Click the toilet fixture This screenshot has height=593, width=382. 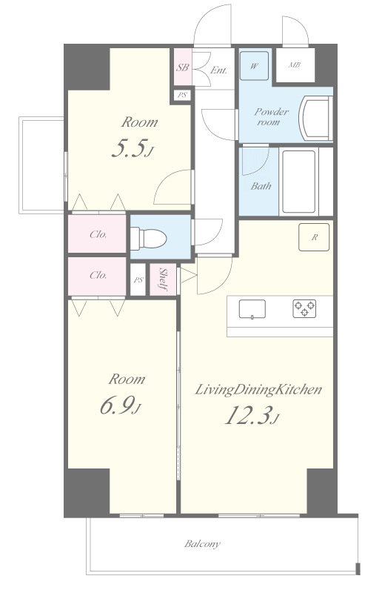(149, 238)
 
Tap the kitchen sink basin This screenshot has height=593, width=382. (252, 309)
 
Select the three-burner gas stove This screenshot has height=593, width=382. (304, 308)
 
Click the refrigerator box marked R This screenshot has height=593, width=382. (314, 237)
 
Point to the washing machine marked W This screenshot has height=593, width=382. (254, 66)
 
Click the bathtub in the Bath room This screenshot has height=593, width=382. (298, 182)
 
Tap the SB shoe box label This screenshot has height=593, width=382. (183, 67)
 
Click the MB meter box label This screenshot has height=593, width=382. (295, 65)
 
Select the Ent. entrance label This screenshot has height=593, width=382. (219, 70)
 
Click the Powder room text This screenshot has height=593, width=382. (271, 116)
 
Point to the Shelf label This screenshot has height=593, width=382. (164, 279)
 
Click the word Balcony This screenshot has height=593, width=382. (202, 544)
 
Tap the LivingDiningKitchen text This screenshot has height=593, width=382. (258, 390)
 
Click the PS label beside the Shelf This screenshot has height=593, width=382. (138, 280)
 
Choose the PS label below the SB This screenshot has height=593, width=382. (183, 95)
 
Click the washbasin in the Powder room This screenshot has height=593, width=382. (315, 119)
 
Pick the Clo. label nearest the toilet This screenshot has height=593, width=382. (98, 234)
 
